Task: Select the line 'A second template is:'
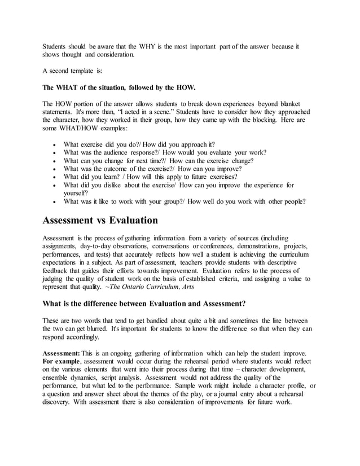point(75,71)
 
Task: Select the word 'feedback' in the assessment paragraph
point(58,271)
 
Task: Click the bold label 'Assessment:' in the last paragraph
point(62,354)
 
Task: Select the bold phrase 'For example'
point(62,362)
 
